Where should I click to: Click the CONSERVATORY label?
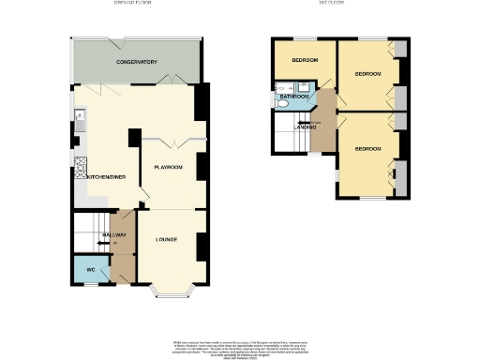pos(137,62)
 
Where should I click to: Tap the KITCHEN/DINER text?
pos(107,176)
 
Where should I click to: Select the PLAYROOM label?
pos(169,167)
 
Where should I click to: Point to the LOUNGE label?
pos(169,240)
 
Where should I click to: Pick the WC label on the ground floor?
pos(91,270)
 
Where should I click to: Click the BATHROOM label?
pos(292,96)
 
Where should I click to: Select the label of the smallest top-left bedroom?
pos(305,61)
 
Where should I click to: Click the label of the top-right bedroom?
pos(367,72)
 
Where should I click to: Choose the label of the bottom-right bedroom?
pos(367,149)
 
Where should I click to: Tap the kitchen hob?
pos(80,169)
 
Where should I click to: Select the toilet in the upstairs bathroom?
pos(280,105)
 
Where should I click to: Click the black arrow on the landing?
pos(301,121)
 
